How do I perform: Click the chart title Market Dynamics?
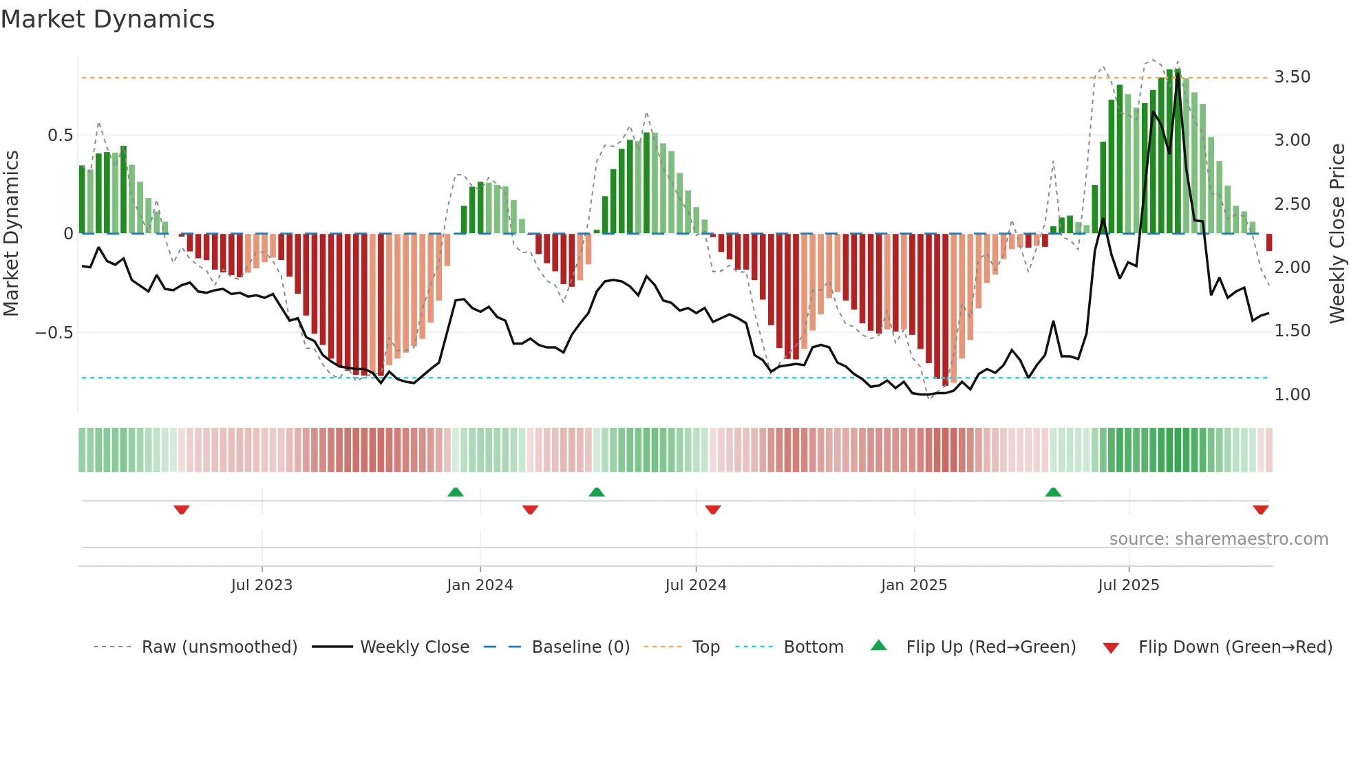pos(107,19)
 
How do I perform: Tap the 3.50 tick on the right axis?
pos(1292,77)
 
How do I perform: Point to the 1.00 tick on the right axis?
pos(1292,395)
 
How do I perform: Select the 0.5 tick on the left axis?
pos(60,136)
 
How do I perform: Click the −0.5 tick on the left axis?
pos(54,333)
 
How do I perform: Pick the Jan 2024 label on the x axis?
pos(480,585)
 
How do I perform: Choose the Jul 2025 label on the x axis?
pos(1128,585)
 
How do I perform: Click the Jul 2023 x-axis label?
pos(262,585)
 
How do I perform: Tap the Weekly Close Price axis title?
pos(1337,233)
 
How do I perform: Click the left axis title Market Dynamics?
pos(11,233)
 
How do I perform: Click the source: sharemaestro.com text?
pos(1218,539)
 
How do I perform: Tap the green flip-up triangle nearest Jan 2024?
pos(455,492)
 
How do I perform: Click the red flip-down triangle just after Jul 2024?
pos(712,510)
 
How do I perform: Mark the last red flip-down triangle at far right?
pos(1260,510)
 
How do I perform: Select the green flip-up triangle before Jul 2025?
pos(1053,492)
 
